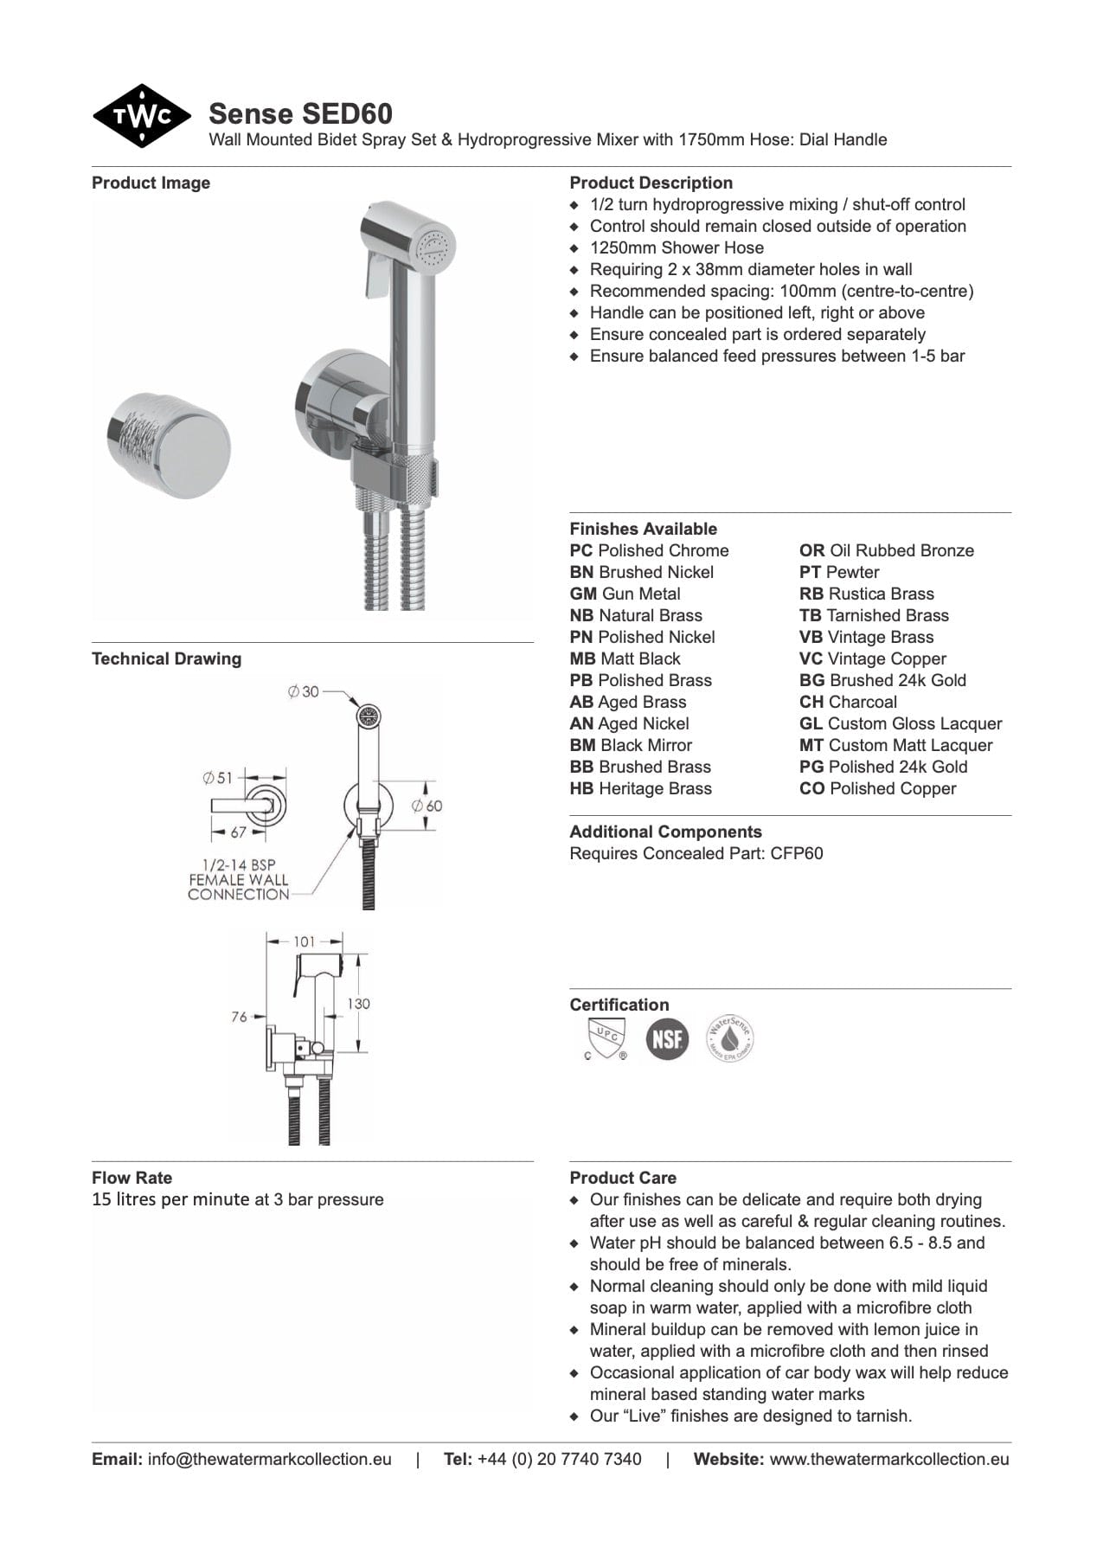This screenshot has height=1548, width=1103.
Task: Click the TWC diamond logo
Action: pos(142,116)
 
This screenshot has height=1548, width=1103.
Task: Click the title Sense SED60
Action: pos(300,113)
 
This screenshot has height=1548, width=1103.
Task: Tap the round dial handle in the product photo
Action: pos(170,445)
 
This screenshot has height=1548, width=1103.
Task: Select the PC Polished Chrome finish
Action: pos(649,551)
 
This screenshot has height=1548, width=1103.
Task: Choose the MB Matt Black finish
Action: pos(625,659)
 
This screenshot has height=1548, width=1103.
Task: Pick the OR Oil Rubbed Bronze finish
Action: pos(886,551)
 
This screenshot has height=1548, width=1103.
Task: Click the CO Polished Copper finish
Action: pos(877,789)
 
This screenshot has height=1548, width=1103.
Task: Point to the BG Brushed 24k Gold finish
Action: pos(882,681)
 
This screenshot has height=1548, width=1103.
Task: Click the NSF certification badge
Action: pos(667,1038)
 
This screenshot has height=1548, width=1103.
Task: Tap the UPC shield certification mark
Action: pos(605,1038)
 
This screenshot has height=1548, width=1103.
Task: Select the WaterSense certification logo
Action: pos(729,1038)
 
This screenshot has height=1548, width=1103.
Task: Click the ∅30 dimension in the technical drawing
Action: pos(304,692)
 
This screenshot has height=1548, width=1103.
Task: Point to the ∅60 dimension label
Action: pos(427,806)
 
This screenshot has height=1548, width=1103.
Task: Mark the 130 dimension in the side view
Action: pos(358,1004)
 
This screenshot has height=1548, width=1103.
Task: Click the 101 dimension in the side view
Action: pos(304,941)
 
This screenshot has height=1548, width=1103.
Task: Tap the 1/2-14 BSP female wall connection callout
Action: pos(238,880)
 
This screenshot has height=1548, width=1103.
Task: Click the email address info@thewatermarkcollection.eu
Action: pos(269,1460)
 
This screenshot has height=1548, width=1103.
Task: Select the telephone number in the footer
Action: pos(559,1460)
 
